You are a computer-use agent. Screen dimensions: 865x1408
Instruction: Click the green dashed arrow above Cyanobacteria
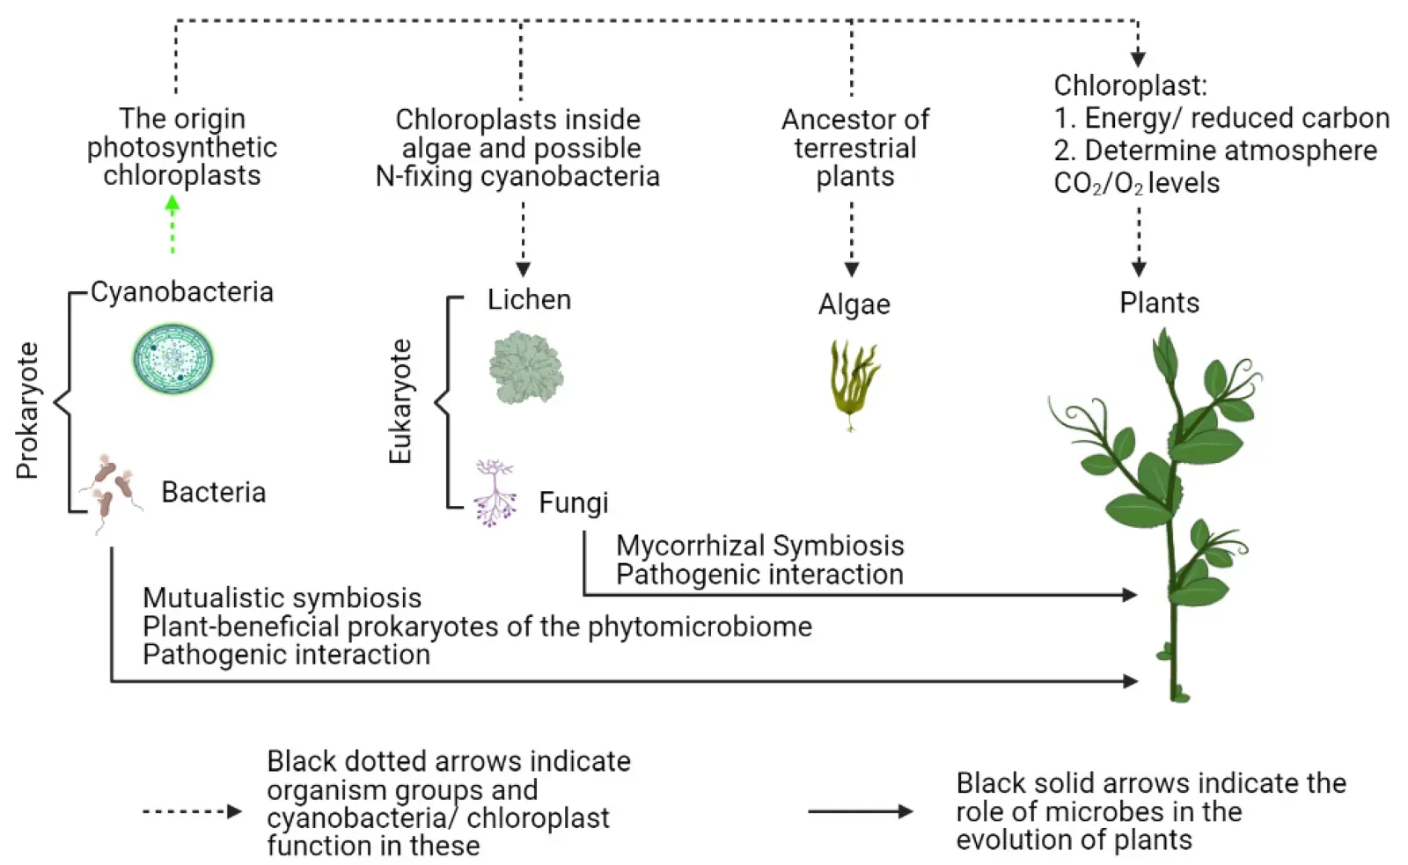[172, 225]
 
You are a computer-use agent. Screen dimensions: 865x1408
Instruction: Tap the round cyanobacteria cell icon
[173, 359]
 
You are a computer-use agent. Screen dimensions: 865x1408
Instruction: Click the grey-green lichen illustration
[525, 368]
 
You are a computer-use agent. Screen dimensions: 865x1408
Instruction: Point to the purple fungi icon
[495, 492]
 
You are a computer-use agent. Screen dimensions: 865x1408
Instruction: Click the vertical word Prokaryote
[28, 410]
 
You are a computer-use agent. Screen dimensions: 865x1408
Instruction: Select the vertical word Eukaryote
[400, 401]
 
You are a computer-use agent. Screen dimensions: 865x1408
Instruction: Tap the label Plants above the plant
[1159, 303]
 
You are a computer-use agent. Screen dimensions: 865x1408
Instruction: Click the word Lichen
[529, 299]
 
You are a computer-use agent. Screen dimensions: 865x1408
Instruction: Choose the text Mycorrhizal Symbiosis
[759, 546]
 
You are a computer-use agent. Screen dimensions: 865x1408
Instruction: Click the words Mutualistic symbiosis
[282, 597]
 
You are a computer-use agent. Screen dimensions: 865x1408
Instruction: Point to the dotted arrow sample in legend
[192, 811]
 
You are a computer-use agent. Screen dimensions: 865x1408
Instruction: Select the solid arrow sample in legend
[860, 811]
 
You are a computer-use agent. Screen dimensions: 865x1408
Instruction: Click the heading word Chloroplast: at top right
[1130, 85]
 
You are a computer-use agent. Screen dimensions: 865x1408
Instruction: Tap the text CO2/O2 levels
[1136, 183]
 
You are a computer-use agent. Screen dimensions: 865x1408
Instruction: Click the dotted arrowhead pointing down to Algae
[851, 268]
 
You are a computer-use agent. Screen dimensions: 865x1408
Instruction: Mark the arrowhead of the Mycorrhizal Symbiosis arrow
[1130, 595]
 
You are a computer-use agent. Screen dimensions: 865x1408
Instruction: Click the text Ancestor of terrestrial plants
[854, 148]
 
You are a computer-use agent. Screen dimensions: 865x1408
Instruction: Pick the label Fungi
[573, 502]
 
